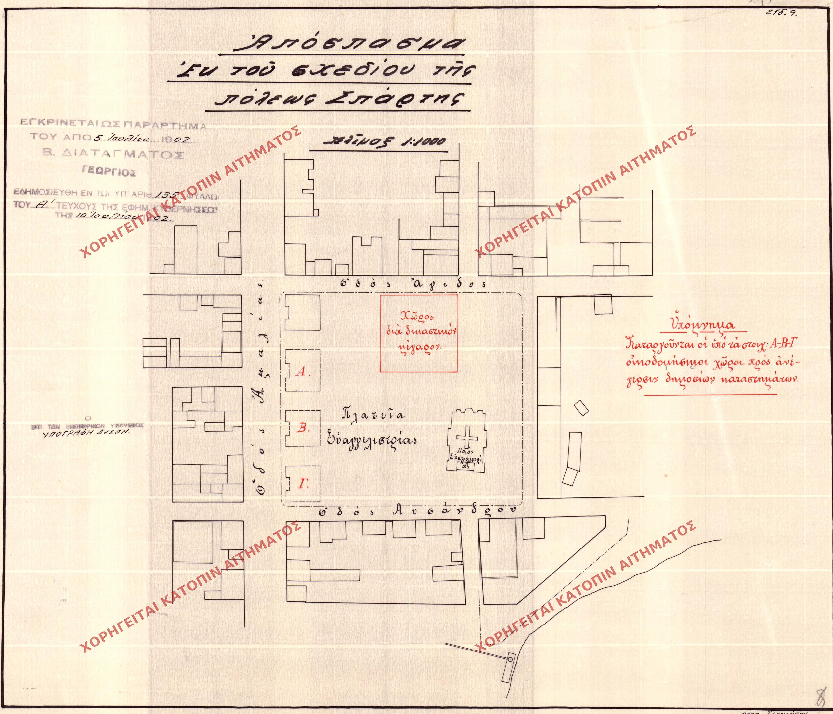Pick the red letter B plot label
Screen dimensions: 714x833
pyautogui.click(x=303, y=429)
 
